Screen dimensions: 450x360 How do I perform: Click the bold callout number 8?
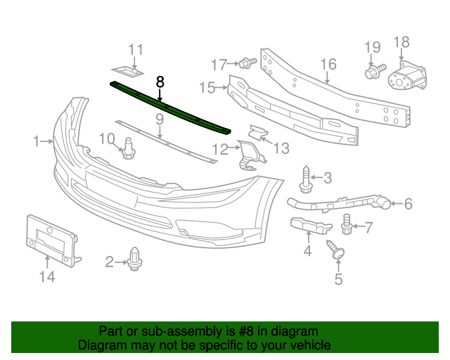160,82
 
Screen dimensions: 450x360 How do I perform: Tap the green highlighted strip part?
170,108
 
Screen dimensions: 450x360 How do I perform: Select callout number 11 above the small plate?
136,50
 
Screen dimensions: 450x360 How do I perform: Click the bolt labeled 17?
247,63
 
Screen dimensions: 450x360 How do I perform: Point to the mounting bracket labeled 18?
407,77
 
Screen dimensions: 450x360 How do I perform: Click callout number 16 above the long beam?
328,64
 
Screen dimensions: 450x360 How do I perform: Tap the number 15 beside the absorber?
207,88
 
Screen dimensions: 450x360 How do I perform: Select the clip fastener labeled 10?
128,149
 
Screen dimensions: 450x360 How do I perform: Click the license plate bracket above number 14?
51,241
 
